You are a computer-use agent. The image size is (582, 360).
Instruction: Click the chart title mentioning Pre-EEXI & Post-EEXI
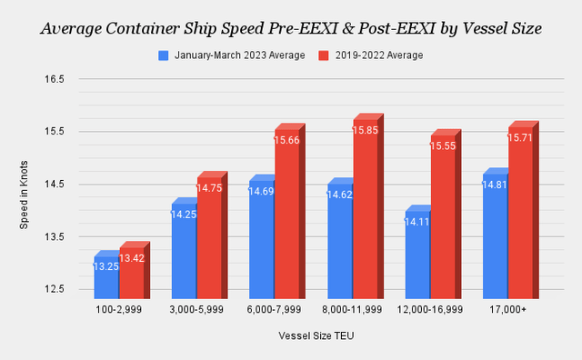click(291, 28)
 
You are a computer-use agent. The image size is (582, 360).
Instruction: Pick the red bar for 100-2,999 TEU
click(132, 273)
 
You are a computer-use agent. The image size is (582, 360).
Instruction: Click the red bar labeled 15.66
click(287, 218)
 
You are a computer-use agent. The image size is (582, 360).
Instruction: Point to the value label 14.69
click(262, 192)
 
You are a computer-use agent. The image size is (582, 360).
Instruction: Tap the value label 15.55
click(444, 146)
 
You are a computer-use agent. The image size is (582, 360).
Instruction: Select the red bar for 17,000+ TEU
click(521, 218)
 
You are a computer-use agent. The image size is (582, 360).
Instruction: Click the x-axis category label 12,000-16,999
click(431, 310)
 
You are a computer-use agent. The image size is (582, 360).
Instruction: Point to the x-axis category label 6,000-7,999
click(276, 310)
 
